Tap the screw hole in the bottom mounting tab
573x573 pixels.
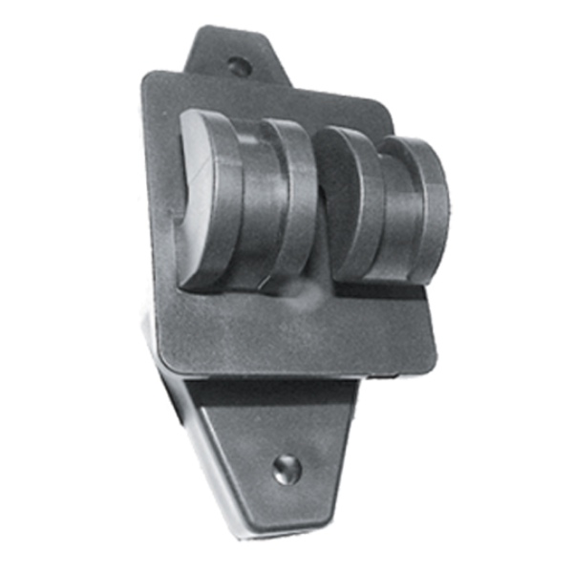[286, 468]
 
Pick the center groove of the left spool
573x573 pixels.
[253, 205]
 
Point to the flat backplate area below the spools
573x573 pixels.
[286, 325]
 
